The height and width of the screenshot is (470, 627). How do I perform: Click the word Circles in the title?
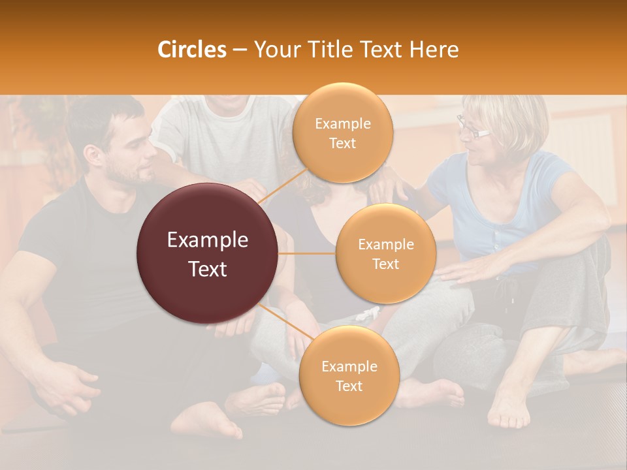pos(192,50)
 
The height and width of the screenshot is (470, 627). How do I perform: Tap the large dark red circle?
pos(208,254)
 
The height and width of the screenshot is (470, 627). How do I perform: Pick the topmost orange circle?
pos(342,133)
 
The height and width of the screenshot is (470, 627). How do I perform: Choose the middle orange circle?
pos(385,254)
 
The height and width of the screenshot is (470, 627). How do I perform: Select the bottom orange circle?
pos(349,375)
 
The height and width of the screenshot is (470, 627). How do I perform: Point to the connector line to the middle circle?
pos(307,253)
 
